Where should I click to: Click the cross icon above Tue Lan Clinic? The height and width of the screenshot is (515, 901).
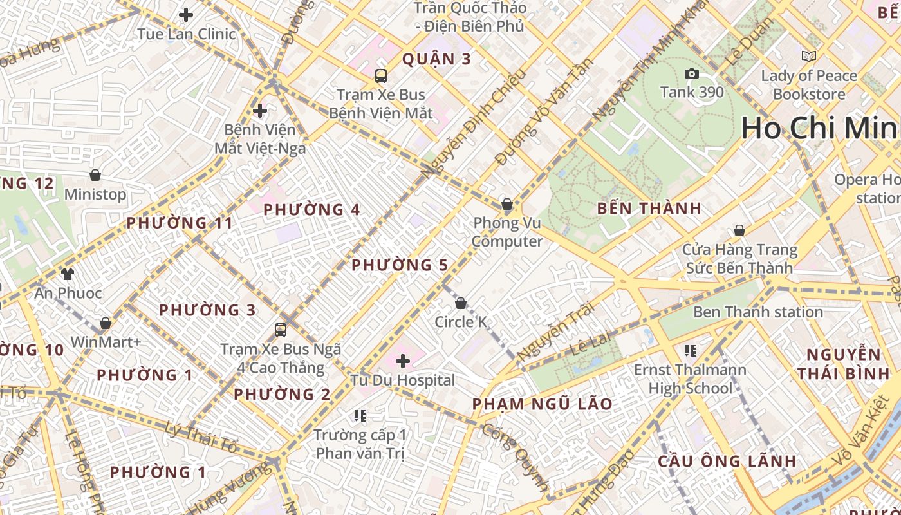pos(186,15)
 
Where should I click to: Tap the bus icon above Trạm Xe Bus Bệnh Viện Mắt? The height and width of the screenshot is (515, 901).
pos(381,75)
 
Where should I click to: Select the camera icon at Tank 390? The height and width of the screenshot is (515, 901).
pos(692,73)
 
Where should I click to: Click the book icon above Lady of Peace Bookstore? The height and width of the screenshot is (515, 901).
pos(809,57)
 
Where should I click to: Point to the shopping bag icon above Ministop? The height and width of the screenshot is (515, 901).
pos(95,175)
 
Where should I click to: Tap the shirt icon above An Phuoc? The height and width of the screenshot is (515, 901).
pos(68,274)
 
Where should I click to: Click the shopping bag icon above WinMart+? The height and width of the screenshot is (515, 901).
pos(106,323)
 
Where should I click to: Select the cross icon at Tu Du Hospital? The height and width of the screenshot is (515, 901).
pos(403,361)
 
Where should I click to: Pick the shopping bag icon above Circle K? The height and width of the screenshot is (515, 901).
pos(461,303)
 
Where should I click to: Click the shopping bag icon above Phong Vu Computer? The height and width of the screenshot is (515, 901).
pos(507,205)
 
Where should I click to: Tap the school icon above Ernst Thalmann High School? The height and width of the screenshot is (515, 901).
pos(691,351)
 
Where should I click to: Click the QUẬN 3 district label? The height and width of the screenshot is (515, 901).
pos(437,59)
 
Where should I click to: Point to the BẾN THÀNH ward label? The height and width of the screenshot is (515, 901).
pos(649,209)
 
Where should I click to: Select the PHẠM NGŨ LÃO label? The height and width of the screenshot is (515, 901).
pos(543,404)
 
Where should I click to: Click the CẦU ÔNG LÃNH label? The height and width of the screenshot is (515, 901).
pos(727,462)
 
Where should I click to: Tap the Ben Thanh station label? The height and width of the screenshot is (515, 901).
pos(757,312)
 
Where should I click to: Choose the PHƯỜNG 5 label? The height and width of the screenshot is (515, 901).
pos(400,265)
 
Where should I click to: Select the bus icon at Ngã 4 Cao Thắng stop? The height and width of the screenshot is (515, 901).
pos(281,330)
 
